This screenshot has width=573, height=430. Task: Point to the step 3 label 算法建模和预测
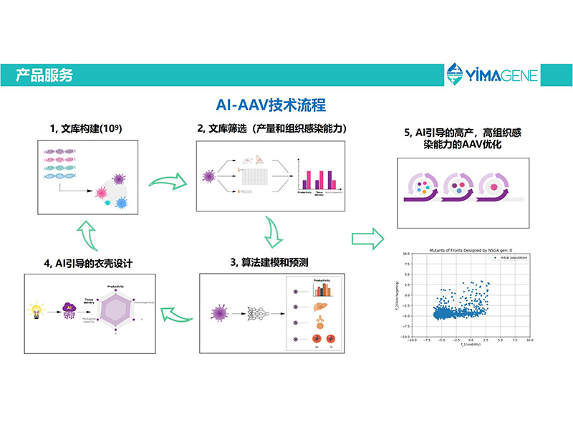tap(269, 262)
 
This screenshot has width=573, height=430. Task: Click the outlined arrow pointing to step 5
tap(367, 236)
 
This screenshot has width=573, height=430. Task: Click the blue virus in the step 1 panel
tap(121, 204)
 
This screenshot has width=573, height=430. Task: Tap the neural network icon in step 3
tap(256, 313)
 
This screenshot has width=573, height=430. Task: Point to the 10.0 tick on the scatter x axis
tap(529, 342)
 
